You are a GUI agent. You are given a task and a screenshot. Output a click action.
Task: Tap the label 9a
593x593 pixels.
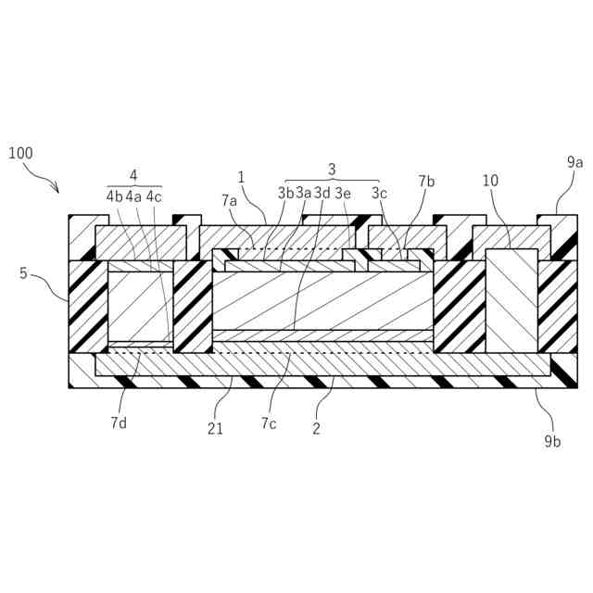574,162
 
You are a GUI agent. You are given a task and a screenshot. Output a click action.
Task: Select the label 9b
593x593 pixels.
553,441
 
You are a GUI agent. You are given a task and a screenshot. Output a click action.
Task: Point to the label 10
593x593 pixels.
490,182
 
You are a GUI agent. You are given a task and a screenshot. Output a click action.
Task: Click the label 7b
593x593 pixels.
426,182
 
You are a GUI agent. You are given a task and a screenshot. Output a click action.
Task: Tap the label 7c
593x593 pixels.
269,423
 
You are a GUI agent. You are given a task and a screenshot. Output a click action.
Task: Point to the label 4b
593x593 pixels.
114,196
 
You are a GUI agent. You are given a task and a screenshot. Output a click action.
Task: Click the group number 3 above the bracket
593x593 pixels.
332,169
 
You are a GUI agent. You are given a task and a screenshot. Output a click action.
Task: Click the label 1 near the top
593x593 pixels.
241,176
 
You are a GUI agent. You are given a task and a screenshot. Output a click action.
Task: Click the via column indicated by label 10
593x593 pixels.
511,299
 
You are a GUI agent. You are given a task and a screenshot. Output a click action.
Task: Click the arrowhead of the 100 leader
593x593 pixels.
57,192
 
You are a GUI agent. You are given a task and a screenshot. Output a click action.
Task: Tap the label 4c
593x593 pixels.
154,196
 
